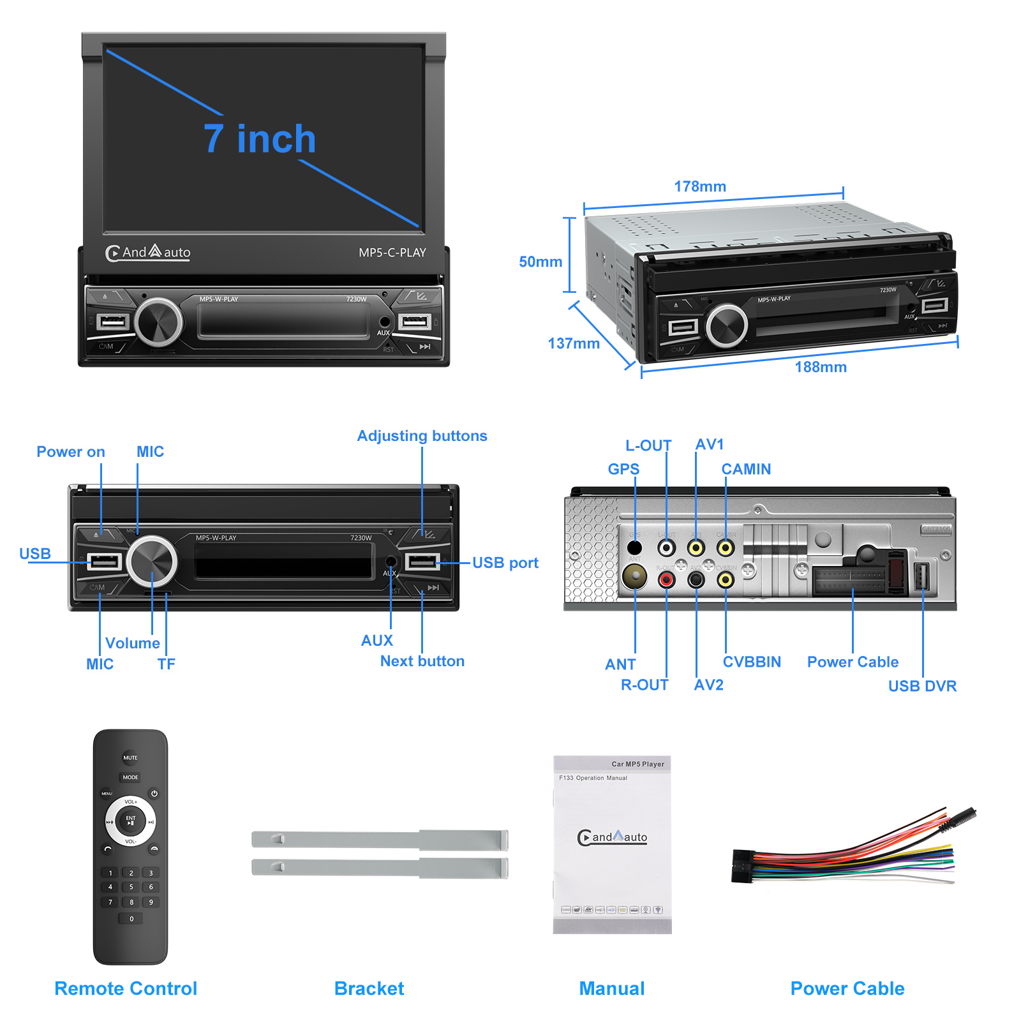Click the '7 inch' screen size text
coord(260,139)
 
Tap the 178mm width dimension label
coord(700,186)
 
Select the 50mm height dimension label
coord(540,262)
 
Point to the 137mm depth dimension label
coord(574,343)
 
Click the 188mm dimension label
coord(821,367)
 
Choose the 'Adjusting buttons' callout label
coord(422,436)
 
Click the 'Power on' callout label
coord(71,452)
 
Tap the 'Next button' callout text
coord(422,661)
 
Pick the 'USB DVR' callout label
coord(922,686)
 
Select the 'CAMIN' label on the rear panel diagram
coord(746,469)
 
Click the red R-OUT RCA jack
coord(666,579)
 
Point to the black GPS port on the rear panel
coord(634,548)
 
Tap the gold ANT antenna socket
coord(634,577)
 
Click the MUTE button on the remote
coord(130,757)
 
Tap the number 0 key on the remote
coord(131,919)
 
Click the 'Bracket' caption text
coord(369,988)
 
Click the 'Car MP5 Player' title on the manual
coord(637,764)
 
